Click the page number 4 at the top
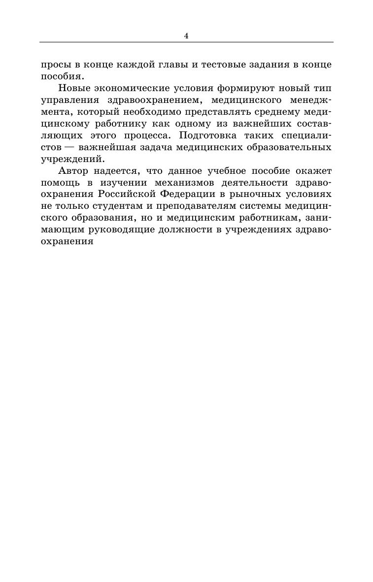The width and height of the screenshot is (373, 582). pyautogui.click(x=186, y=35)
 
